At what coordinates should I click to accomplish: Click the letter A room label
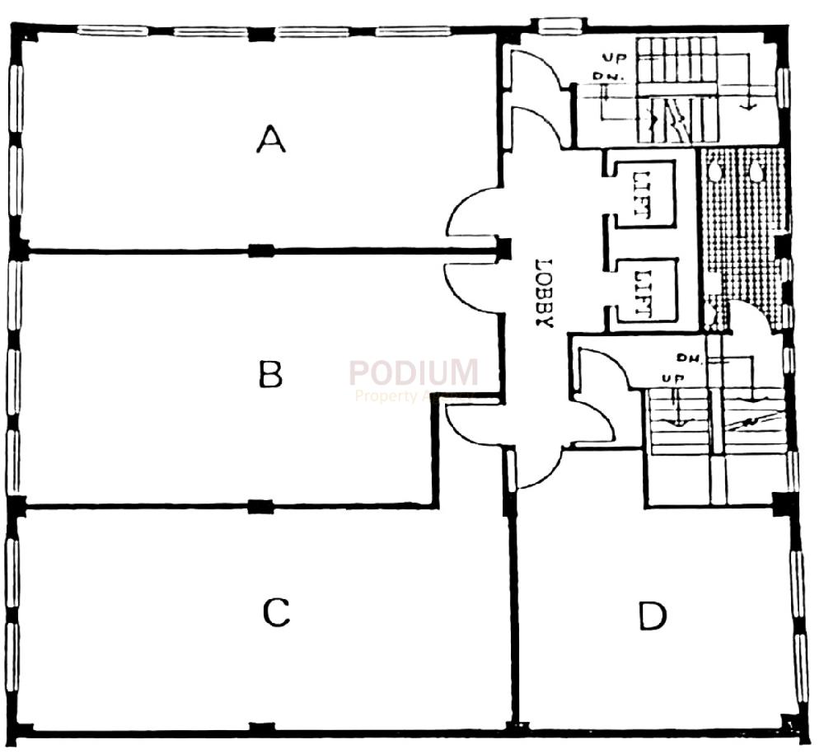pyautogui.click(x=271, y=138)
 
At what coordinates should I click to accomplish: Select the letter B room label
pyautogui.click(x=271, y=375)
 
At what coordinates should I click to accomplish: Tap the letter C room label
pyautogui.click(x=276, y=612)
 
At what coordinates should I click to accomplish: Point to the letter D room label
pyautogui.click(x=653, y=616)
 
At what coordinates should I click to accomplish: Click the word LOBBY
pyautogui.click(x=541, y=294)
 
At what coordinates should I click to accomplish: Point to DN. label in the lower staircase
pyautogui.click(x=686, y=358)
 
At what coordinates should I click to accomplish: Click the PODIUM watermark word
pyautogui.click(x=414, y=372)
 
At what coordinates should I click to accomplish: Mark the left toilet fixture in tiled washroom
pyautogui.click(x=717, y=170)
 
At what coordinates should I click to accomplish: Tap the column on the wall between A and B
pyautogui.click(x=261, y=251)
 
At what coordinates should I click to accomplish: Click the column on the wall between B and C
pyautogui.click(x=260, y=506)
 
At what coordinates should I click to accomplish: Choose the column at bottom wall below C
pyautogui.click(x=261, y=728)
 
